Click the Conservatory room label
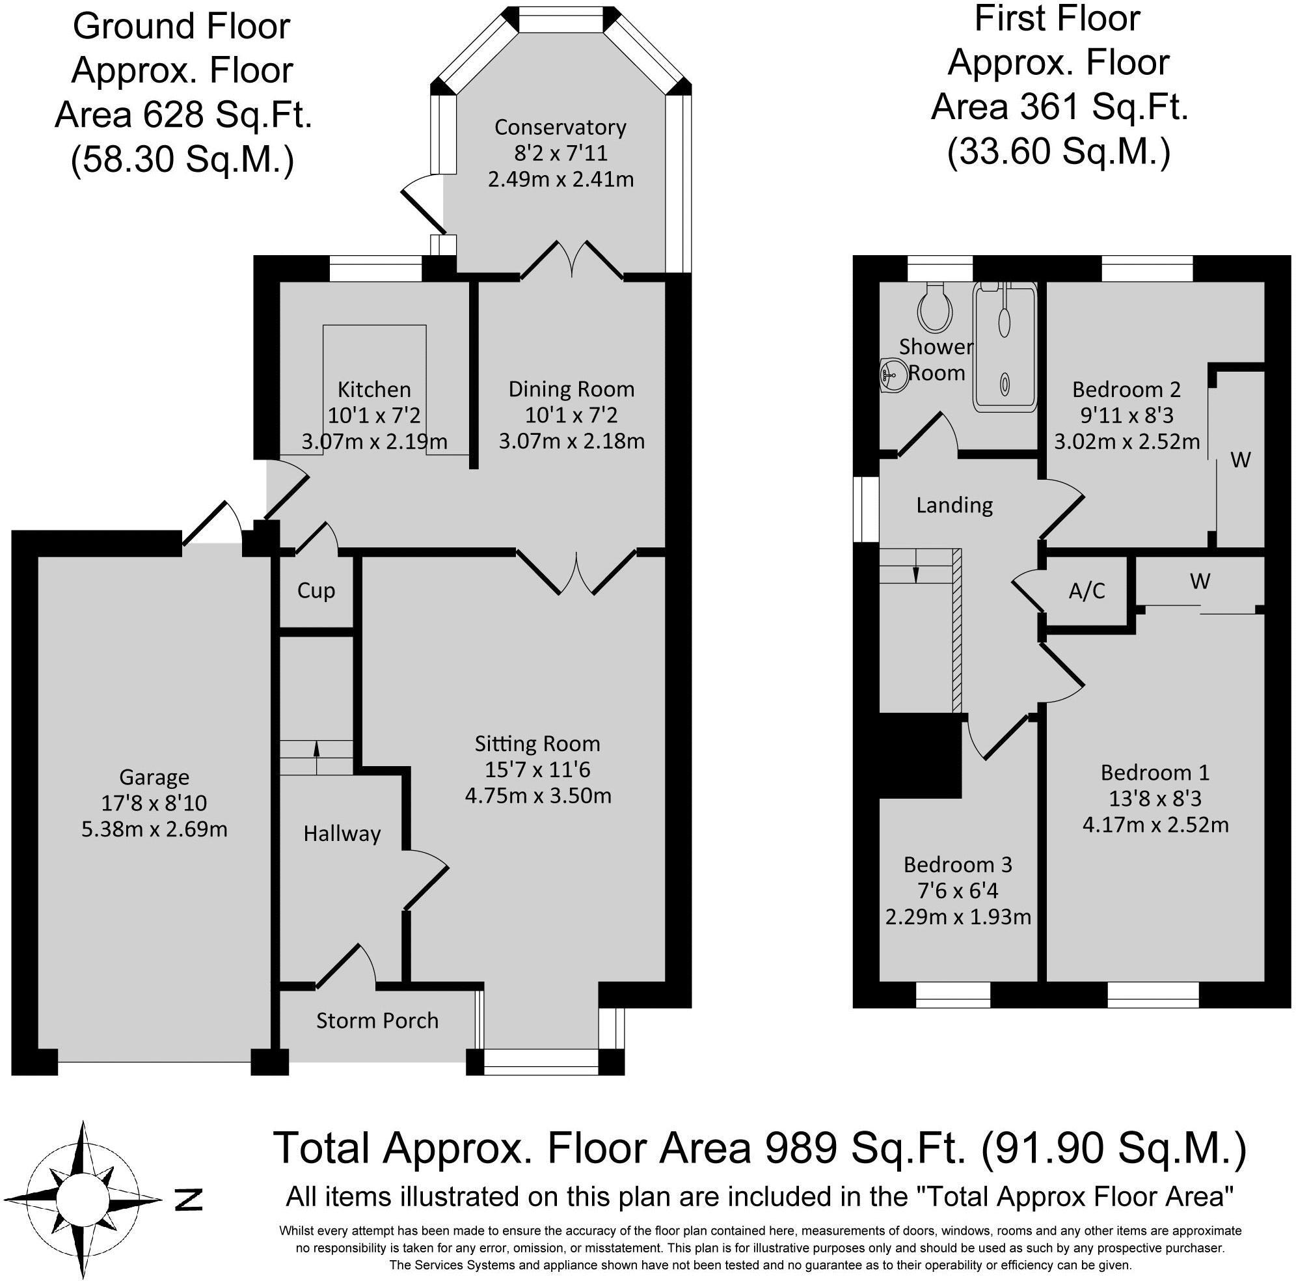click(x=560, y=127)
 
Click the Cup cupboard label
click(x=316, y=591)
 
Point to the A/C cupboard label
click(x=1087, y=590)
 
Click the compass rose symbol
click(x=83, y=1198)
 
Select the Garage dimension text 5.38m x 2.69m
click(x=154, y=829)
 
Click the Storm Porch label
click(x=377, y=1021)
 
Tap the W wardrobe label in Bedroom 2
click(x=1240, y=460)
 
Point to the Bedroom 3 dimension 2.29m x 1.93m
click(x=958, y=916)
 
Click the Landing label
click(x=954, y=505)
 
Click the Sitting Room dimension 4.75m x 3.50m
click(x=538, y=796)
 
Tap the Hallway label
click(x=342, y=834)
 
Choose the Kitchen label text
click(x=374, y=389)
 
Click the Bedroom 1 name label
click(x=1155, y=773)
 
